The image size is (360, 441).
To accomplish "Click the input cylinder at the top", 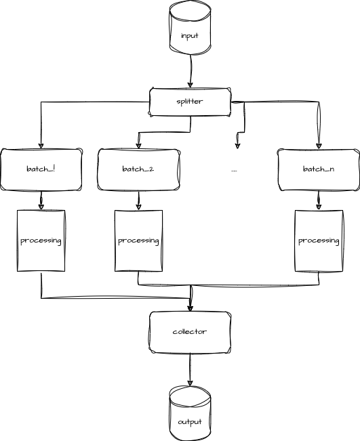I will pos(190,30).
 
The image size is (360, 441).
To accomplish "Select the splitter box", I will pos(190,102).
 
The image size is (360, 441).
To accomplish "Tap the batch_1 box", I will pos(42,169).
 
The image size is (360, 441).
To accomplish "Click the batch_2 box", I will pos(139,169).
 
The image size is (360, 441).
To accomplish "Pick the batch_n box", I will pos(318,169).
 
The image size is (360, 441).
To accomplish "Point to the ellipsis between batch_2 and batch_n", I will pos(234,169).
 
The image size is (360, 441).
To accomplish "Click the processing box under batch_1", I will pos(41,241).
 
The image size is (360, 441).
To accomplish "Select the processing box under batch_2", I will pos(138,241).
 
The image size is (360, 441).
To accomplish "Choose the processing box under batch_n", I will pos(318,241).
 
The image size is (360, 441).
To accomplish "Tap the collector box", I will pos(190,332).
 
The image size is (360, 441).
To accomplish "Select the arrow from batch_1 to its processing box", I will pos(42,200).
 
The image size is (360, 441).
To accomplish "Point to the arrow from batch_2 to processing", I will pos(139,200).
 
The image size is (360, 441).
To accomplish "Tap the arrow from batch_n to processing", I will pos(318,200).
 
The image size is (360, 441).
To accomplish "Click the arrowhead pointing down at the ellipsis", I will pos(237,144).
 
